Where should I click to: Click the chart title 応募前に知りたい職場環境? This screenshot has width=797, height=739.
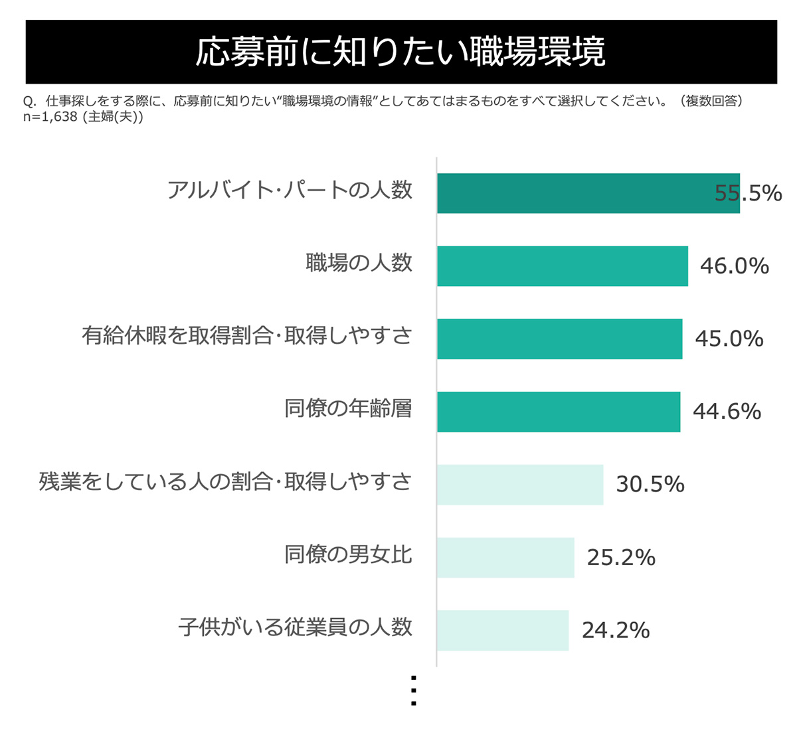tap(400, 52)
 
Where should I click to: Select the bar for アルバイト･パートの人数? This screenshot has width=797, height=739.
tap(588, 193)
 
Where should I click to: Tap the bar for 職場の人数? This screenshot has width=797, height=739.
tap(562, 266)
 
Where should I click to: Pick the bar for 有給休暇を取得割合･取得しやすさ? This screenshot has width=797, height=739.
tap(559, 339)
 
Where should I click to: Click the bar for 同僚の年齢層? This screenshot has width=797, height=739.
tap(558, 412)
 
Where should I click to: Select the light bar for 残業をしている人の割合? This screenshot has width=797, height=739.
tap(519, 485)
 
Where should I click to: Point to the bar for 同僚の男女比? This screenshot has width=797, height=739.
tap(505, 558)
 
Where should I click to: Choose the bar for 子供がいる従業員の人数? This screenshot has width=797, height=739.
tap(502, 630)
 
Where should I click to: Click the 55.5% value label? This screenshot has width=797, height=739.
tap(748, 193)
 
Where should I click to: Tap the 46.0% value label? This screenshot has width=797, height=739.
tap(734, 266)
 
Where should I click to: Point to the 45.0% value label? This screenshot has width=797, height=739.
tap(729, 339)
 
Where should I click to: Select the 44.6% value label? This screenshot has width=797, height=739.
tap(727, 412)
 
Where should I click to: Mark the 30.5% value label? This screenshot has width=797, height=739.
tap(650, 485)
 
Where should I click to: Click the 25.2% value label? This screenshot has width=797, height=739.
tap(620, 558)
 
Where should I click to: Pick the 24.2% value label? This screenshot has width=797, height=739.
tap(615, 630)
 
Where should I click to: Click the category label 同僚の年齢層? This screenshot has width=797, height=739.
tap(348, 408)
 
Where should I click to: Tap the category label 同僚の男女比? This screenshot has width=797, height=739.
tap(348, 554)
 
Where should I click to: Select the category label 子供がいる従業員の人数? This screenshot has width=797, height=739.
tap(295, 627)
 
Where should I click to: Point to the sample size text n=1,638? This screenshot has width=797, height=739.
tap(50, 117)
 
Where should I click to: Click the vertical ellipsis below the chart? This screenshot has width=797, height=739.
tap(414, 691)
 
